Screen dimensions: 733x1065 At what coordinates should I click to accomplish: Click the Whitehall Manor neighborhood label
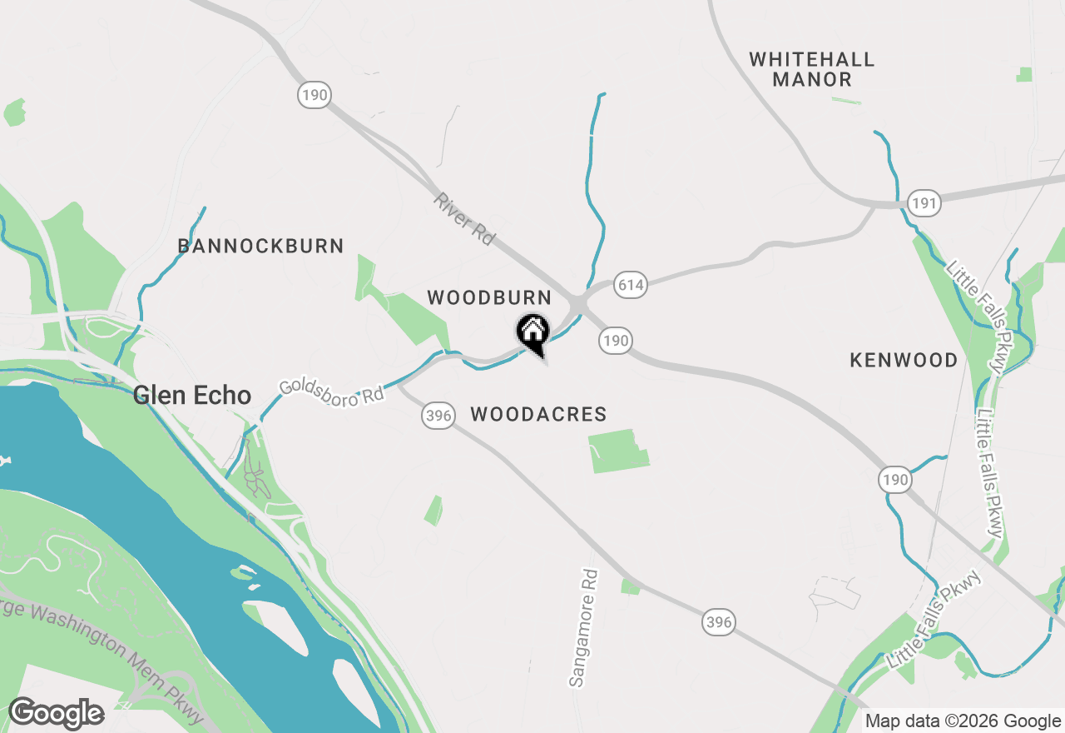point(811,70)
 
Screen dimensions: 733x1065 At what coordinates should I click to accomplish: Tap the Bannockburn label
point(260,247)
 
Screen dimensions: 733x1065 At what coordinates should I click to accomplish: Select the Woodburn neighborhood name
point(489,298)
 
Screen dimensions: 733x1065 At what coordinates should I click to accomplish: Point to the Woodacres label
point(538,414)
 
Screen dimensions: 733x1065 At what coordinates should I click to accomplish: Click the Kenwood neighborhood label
point(904,361)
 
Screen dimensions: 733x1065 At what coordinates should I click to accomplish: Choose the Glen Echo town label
point(192,395)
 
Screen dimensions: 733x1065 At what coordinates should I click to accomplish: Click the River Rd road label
point(464,219)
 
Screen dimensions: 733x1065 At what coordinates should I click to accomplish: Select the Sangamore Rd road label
point(583,628)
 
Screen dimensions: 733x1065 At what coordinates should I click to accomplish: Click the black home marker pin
point(532,332)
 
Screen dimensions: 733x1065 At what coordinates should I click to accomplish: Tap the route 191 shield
point(924,202)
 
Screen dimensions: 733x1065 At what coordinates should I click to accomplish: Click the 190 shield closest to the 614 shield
point(615,340)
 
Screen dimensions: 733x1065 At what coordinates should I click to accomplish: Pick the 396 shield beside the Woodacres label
point(438,414)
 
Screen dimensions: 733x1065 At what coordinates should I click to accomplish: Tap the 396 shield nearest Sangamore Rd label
point(719,621)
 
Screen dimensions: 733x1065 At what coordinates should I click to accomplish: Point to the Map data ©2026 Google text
point(963,721)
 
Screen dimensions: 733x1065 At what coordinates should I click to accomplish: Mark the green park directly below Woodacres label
point(618,451)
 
